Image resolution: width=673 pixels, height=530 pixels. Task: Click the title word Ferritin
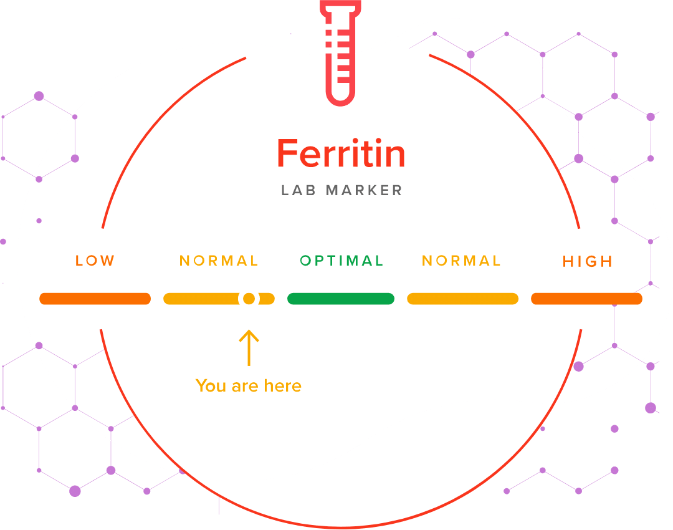341,153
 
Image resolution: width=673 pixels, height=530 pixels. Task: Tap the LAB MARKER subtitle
341,190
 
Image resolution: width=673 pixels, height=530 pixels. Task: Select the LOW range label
95,261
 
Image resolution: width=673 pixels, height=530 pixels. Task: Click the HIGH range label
588,261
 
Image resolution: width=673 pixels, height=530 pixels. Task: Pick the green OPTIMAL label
341,261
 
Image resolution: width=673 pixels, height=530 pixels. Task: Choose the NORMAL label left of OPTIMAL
219,261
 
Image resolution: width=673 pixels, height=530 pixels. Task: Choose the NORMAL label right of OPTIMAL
461,261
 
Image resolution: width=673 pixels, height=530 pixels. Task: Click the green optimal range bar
341,299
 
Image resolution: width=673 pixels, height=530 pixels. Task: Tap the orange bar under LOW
95,299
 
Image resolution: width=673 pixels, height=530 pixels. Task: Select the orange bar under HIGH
586,299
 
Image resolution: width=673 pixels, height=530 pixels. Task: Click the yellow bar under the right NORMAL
462,299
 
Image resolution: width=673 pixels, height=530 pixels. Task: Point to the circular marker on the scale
249,299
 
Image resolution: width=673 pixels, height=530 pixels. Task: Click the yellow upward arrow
249,347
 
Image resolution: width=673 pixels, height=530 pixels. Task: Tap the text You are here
248,386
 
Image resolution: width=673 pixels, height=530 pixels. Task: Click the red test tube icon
340,53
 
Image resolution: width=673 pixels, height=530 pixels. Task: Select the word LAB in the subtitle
296,190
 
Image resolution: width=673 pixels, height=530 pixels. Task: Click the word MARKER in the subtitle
364,190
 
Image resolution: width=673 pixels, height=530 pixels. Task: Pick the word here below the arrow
282,386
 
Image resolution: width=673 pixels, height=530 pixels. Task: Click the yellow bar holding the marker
199,299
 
